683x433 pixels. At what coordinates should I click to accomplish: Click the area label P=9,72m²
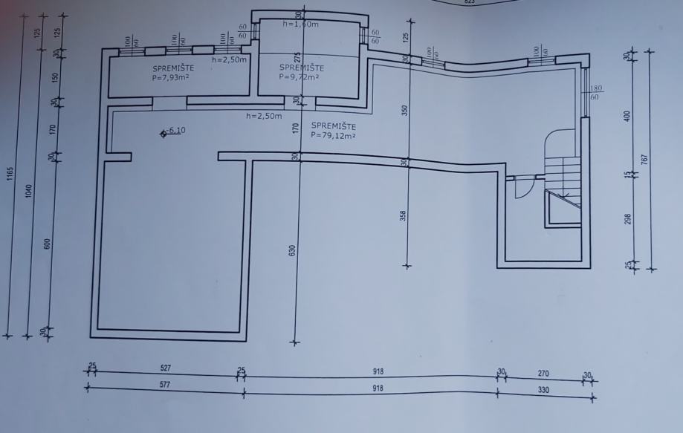pyautogui.click(x=299, y=76)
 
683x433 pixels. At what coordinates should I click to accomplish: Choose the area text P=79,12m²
pyautogui.click(x=334, y=136)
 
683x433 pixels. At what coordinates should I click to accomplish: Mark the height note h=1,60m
pyautogui.click(x=301, y=24)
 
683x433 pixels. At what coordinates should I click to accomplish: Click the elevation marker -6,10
pyautogui.click(x=175, y=131)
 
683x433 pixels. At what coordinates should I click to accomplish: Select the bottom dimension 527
pyautogui.click(x=167, y=367)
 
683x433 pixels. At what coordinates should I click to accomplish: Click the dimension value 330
pyautogui.click(x=544, y=390)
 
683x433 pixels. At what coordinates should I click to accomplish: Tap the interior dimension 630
pyautogui.click(x=292, y=250)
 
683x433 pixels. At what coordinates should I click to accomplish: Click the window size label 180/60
pyautogui.click(x=595, y=93)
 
